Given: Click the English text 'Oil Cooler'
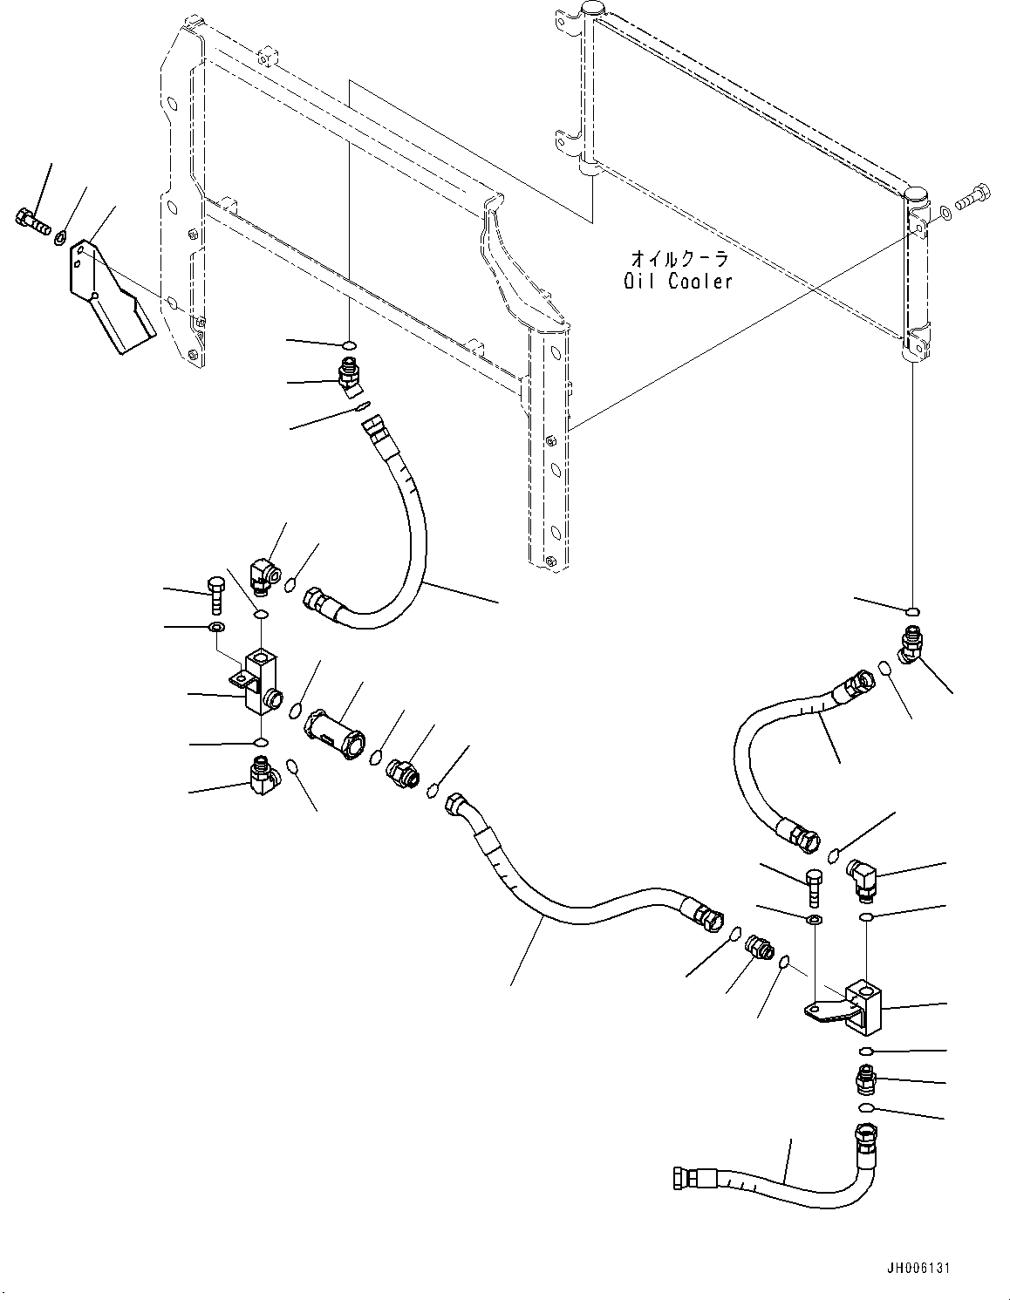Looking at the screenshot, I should [678, 281].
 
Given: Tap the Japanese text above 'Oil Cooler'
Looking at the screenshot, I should [679, 259].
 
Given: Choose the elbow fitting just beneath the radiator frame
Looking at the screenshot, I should [350, 378].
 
